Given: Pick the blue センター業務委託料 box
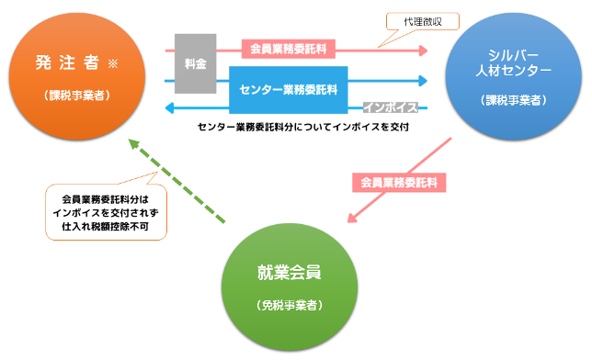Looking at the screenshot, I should (288, 90).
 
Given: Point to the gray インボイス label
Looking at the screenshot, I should (390, 107).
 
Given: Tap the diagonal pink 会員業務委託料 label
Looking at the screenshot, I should (399, 182).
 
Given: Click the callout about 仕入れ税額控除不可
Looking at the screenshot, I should (106, 213).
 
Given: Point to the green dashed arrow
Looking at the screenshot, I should (178, 183).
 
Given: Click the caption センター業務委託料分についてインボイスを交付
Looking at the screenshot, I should (302, 129).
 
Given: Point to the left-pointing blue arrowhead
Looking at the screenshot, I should (170, 108).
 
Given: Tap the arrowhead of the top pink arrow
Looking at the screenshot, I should (424, 50).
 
